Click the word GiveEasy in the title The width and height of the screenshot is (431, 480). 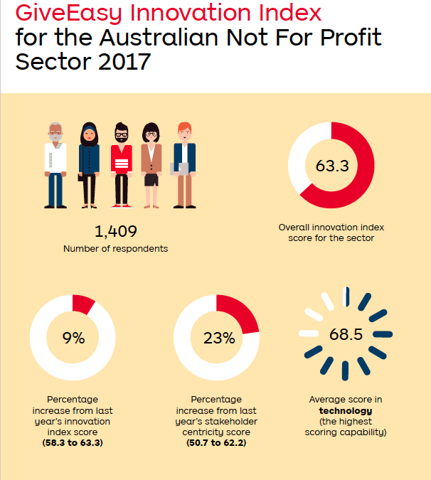pos(68,14)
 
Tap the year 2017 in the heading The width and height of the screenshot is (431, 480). pos(124,62)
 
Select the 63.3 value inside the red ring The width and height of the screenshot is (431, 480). pos(332,166)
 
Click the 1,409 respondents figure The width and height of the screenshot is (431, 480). pos(116,231)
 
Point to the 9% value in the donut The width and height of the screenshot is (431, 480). pos(73,338)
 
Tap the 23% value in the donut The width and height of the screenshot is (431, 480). pos(219,338)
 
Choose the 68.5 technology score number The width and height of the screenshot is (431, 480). pos(346,334)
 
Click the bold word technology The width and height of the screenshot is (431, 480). pos(346,411)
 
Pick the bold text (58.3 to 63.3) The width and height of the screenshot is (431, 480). pos(73,443)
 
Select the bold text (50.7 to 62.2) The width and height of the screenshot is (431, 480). pos(216,443)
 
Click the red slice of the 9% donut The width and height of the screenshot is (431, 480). pos(82,304)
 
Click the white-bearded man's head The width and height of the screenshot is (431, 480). pos(55,132)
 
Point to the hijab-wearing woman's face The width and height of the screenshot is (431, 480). pos(89,134)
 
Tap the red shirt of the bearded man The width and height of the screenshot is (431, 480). pos(122,159)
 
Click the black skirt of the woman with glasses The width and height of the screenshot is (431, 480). pos(151,180)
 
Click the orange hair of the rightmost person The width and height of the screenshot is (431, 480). pos(185,127)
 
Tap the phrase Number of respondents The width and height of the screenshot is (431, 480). pos(116,249)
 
